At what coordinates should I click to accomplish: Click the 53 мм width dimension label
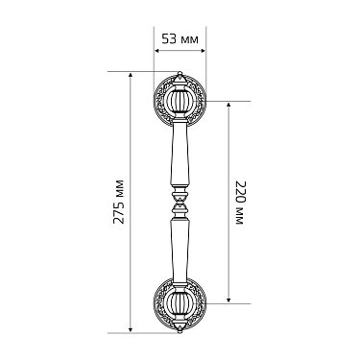[x=180, y=39]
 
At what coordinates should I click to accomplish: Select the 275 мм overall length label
[x=119, y=202]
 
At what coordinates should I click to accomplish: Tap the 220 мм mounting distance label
[x=240, y=203]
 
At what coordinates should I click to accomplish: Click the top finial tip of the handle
[x=180, y=73]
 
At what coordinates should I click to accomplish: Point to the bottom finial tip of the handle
[x=180, y=331]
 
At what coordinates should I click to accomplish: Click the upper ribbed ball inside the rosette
[x=180, y=101]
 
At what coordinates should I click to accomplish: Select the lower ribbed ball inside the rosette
[x=180, y=303]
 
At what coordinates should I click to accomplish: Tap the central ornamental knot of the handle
[x=180, y=202]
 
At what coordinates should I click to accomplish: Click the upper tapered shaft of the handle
[x=180, y=154]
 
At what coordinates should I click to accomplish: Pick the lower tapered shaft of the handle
[x=180, y=251]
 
